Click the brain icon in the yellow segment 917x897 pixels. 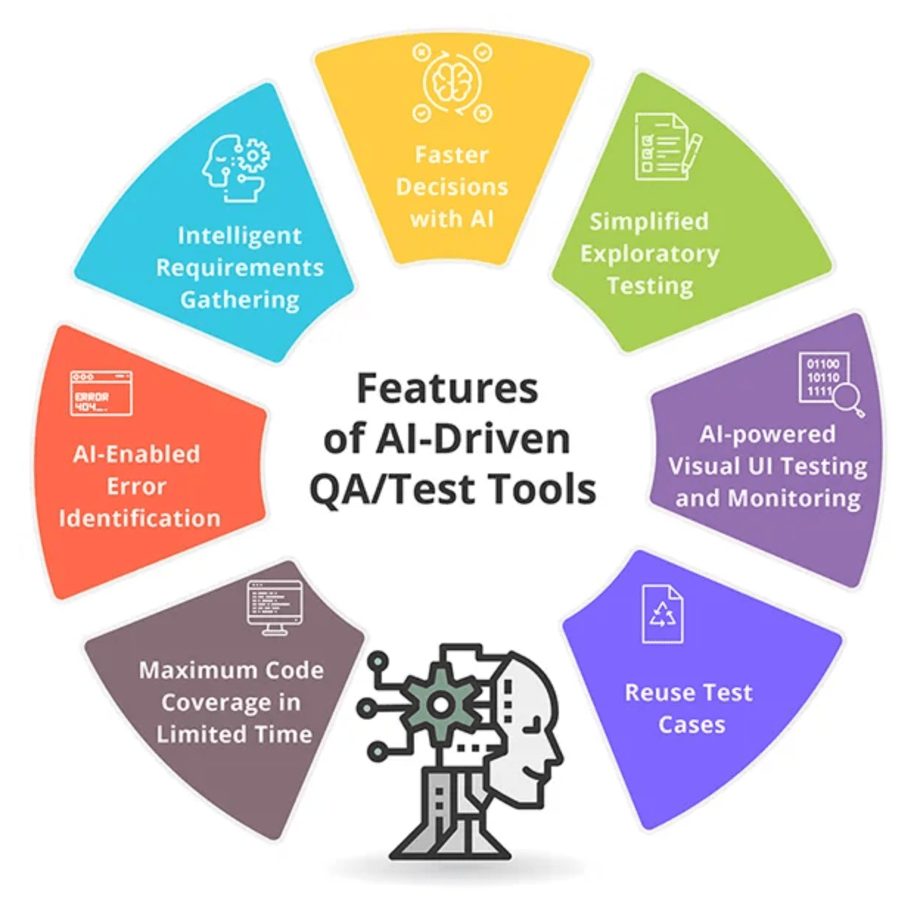[x=451, y=82]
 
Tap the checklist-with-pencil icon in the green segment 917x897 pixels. [x=666, y=147]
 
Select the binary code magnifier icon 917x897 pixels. [x=830, y=383]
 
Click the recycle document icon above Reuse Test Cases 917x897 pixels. [x=662, y=613]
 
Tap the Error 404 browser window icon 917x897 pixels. [x=101, y=393]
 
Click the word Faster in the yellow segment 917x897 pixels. [x=451, y=155]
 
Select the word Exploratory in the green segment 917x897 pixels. [x=649, y=253]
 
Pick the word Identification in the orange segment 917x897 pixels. [x=139, y=518]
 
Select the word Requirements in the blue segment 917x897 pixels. [x=240, y=267]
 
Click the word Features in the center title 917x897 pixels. [x=447, y=388]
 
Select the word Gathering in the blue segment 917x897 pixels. [x=240, y=300]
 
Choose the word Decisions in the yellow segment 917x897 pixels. [x=452, y=187]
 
